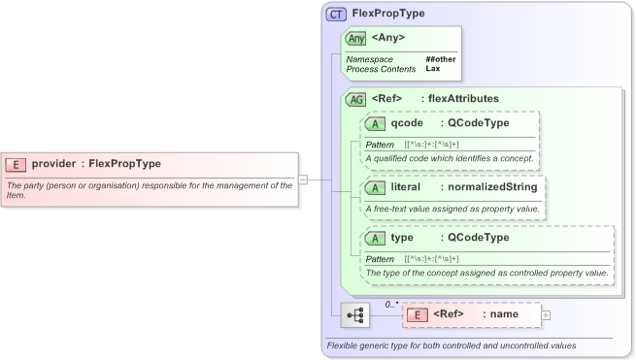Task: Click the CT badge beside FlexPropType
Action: [x=337, y=15]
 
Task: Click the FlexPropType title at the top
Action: [x=388, y=15]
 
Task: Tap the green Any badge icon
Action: [x=356, y=39]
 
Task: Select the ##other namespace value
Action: [x=440, y=59]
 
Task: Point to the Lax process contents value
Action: [x=432, y=69]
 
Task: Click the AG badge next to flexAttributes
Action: [x=356, y=99]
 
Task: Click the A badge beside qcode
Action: [x=375, y=123]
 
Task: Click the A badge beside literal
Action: [x=375, y=186]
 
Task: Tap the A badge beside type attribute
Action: [x=375, y=238]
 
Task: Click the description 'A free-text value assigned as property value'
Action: [x=452, y=209]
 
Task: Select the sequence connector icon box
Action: [x=356, y=314]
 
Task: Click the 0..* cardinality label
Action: [x=392, y=304]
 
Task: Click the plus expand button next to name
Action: [x=545, y=314]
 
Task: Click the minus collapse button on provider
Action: [x=303, y=179]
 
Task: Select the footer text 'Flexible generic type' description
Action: [x=452, y=345]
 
